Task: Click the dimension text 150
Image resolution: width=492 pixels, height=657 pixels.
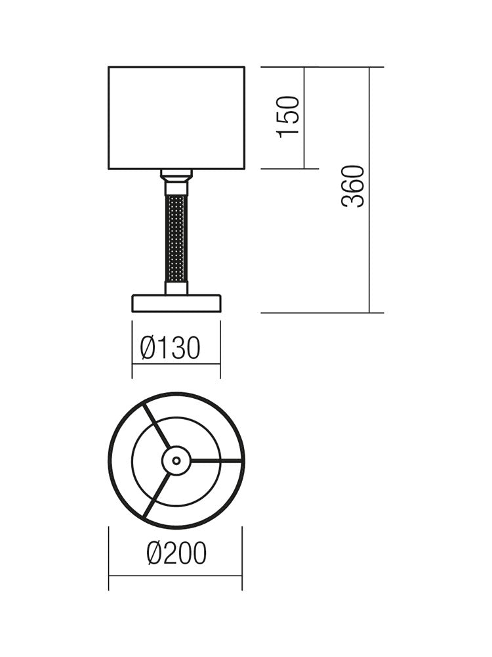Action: (x=289, y=116)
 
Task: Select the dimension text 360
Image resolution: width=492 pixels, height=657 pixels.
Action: (x=353, y=187)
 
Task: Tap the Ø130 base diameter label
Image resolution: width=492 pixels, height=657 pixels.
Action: (x=170, y=348)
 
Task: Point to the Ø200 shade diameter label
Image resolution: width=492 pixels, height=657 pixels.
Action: (x=176, y=554)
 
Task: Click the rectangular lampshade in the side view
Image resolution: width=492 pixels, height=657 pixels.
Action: (x=176, y=118)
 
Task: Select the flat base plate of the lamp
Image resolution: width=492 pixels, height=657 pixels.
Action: (x=176, y=303)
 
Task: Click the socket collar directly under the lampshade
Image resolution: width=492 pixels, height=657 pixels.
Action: (x=176, y=175)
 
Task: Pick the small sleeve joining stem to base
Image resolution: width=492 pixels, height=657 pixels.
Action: (x=176, y=288)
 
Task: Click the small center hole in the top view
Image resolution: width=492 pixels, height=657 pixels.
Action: (x=176, y=461)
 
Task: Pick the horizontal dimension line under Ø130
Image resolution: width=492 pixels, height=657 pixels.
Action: (x=176, y=363)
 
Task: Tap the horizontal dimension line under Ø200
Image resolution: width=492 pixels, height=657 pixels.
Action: (x=176, y=576)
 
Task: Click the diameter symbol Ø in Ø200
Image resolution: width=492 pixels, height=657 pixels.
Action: (x=154, y=554)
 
